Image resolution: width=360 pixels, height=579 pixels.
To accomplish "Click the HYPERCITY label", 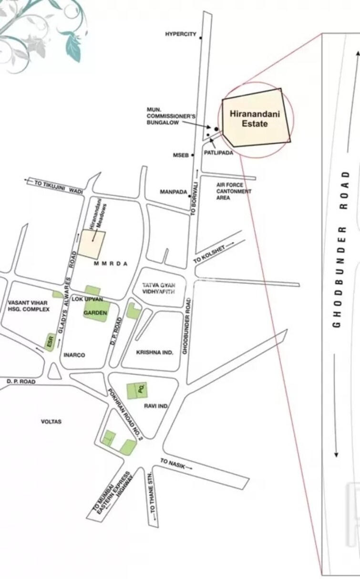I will click(x=181, y=34).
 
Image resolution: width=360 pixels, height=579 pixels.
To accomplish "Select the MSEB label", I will click(x=181, y=155).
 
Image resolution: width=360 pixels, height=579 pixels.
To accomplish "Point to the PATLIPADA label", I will click(x=218, y=153).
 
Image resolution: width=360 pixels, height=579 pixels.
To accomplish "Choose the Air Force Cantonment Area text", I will click(x=234, y=191).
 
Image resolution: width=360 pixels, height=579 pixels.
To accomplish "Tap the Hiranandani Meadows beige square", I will click(x=92, y=244).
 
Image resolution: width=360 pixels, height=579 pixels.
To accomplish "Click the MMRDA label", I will click(x=111, y=264).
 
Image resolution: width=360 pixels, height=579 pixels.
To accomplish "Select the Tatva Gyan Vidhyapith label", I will click(x=159, y=288).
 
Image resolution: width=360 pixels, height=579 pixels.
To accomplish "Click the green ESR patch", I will click(x=49, y=342).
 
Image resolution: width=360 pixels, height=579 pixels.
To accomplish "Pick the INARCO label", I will click(x=74, y=355).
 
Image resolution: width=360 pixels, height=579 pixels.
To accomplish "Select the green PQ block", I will click(x=137, y=391).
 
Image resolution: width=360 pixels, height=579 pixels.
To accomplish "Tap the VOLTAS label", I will click(x=51, y=422).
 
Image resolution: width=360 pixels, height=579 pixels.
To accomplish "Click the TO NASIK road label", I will click(x=175, y=464).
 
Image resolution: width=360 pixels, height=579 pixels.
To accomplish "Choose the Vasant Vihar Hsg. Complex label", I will click(x=29, y=306).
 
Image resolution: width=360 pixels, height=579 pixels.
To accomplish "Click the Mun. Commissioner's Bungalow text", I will click(x=165, y=116).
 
